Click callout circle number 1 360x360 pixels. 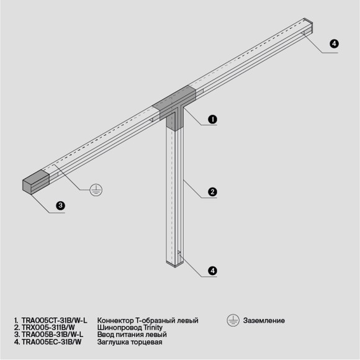point(212,120)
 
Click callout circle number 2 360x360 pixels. point(212,192)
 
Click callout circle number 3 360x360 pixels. point(60,206)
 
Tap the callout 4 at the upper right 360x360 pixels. point(334,43)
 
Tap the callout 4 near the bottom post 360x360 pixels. point(212,271)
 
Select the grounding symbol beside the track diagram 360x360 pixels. point(95,191)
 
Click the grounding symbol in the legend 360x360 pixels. point(232,320)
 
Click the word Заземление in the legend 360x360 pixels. point(264,320)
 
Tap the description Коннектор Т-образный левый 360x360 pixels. point(148,320)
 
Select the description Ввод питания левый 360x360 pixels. point(132,335)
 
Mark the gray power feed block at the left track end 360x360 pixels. point(35,181)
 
